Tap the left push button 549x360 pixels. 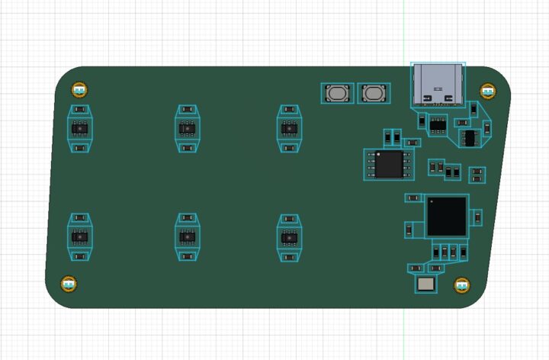[x=336, y=94]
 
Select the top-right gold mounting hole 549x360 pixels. [x=487, y=91]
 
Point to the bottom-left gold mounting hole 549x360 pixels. [x=69, y=284]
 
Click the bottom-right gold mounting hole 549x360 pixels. [x=461, y=285]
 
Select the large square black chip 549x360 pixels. [x=447, y=216]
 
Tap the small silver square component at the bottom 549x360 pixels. [x=425, y=284]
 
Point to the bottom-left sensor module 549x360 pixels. [x=79, y=237]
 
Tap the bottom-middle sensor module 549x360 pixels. [x=187, y=237]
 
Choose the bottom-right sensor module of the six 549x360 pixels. [x=288, y=237]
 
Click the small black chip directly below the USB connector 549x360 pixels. [x=438, y=124]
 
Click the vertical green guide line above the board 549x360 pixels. [x=404, y=31]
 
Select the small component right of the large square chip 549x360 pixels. [x=477, y=217]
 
